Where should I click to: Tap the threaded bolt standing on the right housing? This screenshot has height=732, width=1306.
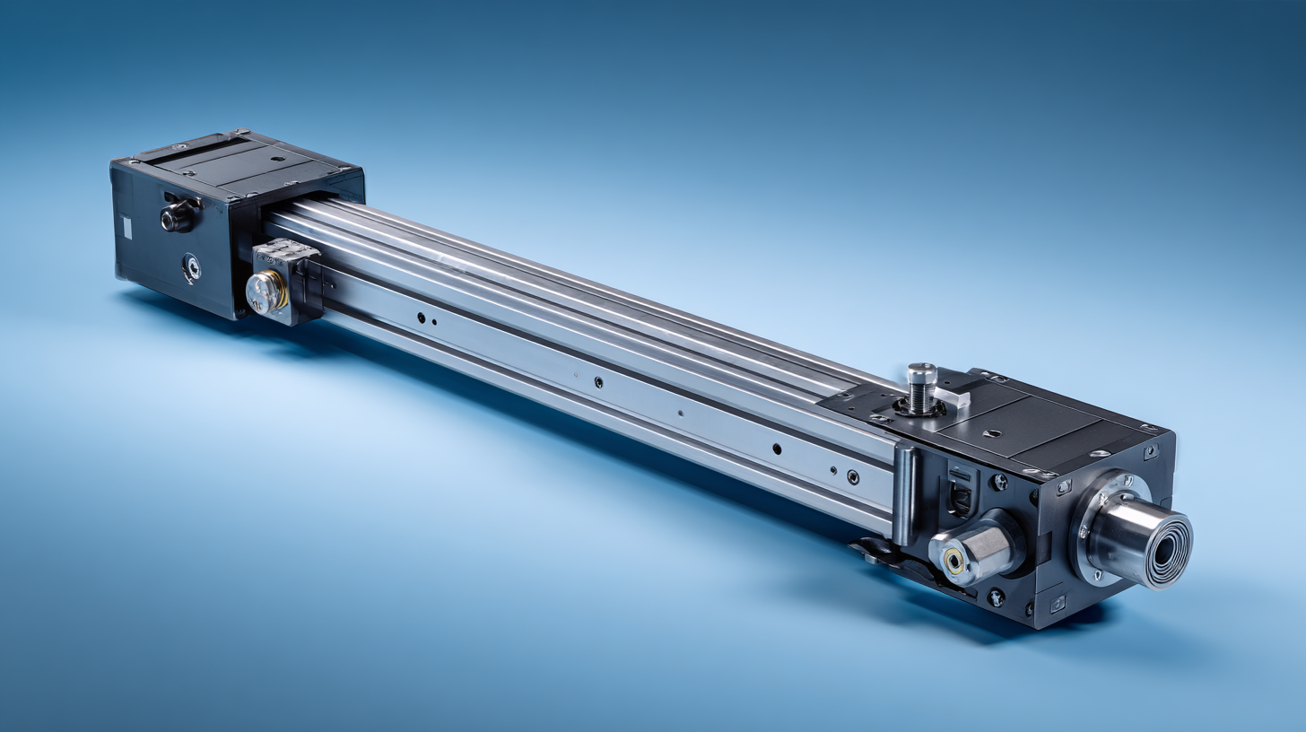pos(921,388)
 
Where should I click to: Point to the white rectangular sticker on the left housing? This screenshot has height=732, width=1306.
pos(126,228)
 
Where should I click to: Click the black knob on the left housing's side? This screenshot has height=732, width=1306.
pos(175,216)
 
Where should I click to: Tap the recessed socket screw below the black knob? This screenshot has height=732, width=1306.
pos(191,266)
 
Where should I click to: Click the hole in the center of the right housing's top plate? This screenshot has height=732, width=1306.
pos(992,433)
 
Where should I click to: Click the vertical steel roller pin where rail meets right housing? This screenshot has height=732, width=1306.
pos(906,493)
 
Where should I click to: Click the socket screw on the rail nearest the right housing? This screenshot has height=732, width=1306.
pos(852,478)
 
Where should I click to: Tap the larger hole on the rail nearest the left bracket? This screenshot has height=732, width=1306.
pos(421,317)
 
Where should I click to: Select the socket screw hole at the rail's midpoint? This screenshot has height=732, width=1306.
pos(598,381)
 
